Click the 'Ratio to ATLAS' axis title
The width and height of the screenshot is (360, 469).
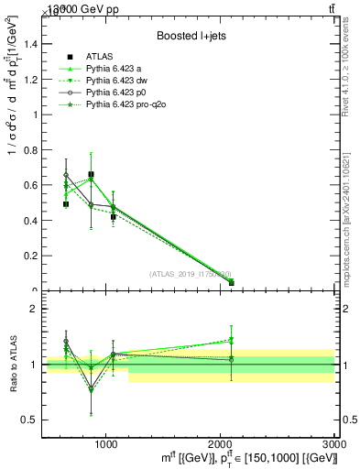(13, 365)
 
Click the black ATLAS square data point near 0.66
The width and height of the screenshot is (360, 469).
(91, 174)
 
